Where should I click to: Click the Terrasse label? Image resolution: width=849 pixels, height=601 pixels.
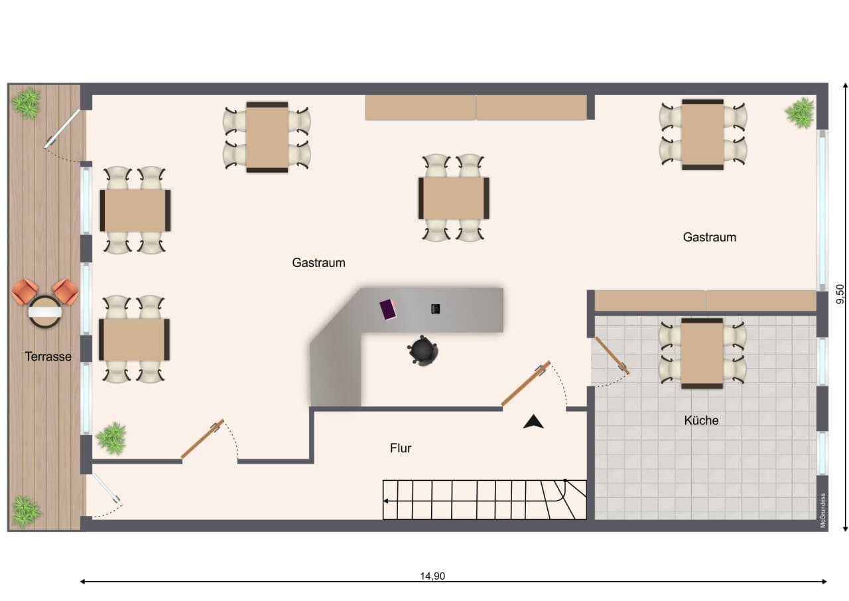click(48, 357)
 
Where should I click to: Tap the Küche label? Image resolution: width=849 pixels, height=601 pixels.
click(701, 420)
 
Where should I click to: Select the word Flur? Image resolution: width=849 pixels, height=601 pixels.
click(401, 448)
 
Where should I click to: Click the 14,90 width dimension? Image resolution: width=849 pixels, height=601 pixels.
click(432, 576)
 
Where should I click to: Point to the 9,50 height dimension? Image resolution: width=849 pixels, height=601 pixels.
click(840, 294)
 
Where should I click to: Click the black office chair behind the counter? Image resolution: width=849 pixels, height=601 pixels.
click(423, 350)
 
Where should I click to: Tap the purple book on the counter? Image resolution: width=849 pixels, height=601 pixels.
click(388, 309)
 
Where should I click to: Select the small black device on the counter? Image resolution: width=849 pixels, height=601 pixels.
click(436, 309)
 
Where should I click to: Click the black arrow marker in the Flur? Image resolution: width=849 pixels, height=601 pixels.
click(533, 422)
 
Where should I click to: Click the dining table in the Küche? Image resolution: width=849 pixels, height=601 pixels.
click(702, 353)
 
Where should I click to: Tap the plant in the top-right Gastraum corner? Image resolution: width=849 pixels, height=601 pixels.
click(800, 113)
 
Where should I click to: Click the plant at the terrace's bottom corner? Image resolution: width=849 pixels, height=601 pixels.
click(26, 511)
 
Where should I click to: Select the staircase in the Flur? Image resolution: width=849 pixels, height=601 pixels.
click(485, 499)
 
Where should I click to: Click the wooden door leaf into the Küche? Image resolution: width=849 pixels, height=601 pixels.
click(612, 355)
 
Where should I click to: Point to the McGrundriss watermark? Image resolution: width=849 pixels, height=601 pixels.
click(823, 510)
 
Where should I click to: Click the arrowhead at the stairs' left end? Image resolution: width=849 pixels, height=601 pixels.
click(385, 501)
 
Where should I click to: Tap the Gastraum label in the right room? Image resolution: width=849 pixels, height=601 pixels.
click(710, 237)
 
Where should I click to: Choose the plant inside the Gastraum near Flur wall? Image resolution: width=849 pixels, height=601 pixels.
click(111, 438)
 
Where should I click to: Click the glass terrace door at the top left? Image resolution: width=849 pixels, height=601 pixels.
click(62, 129)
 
